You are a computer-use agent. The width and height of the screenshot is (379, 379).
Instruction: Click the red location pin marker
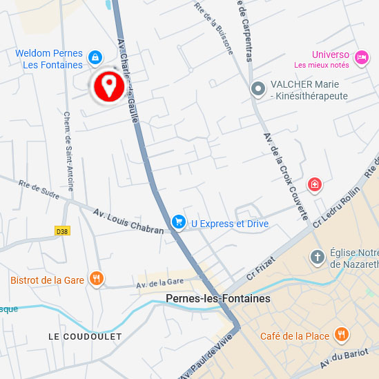click(108, 86)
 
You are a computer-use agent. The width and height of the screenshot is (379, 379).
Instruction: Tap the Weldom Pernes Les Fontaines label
click(49, 59)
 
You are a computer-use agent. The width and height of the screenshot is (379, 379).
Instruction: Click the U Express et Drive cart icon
click(179, 222)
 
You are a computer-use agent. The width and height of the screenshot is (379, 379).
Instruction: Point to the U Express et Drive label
click(230, 224)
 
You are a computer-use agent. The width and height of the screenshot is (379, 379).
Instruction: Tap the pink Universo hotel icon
click(360, 59)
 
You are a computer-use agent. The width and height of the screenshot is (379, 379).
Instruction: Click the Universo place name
click(331, 55)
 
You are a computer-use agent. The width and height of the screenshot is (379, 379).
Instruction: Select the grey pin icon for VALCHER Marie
click(258, 88)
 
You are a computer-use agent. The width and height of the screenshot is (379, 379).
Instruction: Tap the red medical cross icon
click(315, 184)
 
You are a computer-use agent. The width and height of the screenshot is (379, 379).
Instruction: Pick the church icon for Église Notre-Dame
click(318, 257)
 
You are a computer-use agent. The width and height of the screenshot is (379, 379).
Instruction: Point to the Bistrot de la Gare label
click(47, 280)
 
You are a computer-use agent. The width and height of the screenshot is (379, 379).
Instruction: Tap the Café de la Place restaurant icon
click(341, 336)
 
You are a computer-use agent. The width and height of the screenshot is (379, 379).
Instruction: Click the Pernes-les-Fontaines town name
click(218, 299)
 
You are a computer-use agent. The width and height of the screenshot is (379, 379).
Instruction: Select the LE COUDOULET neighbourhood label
click(85, 336)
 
